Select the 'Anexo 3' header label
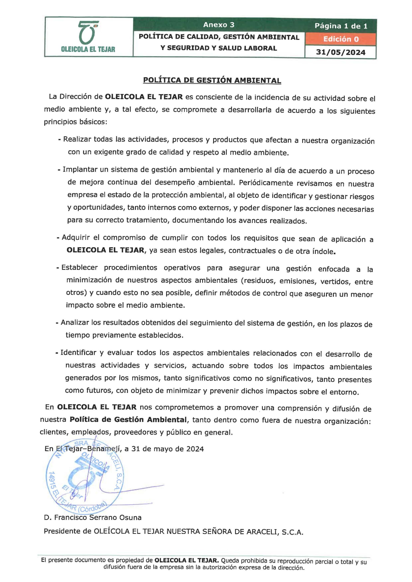pyautogui.click(x=219, y=25)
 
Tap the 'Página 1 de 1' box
pyautogui.click(x=341, y=26)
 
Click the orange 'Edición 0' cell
pyautogui.click(x=341, y=39)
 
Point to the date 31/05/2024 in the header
pyautogui.click(x=341, y=53)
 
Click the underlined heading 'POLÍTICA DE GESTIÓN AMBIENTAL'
pyautogui.click(x=212, y=80)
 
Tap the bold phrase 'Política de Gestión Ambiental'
pyautogui.click(x=128, y=419)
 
